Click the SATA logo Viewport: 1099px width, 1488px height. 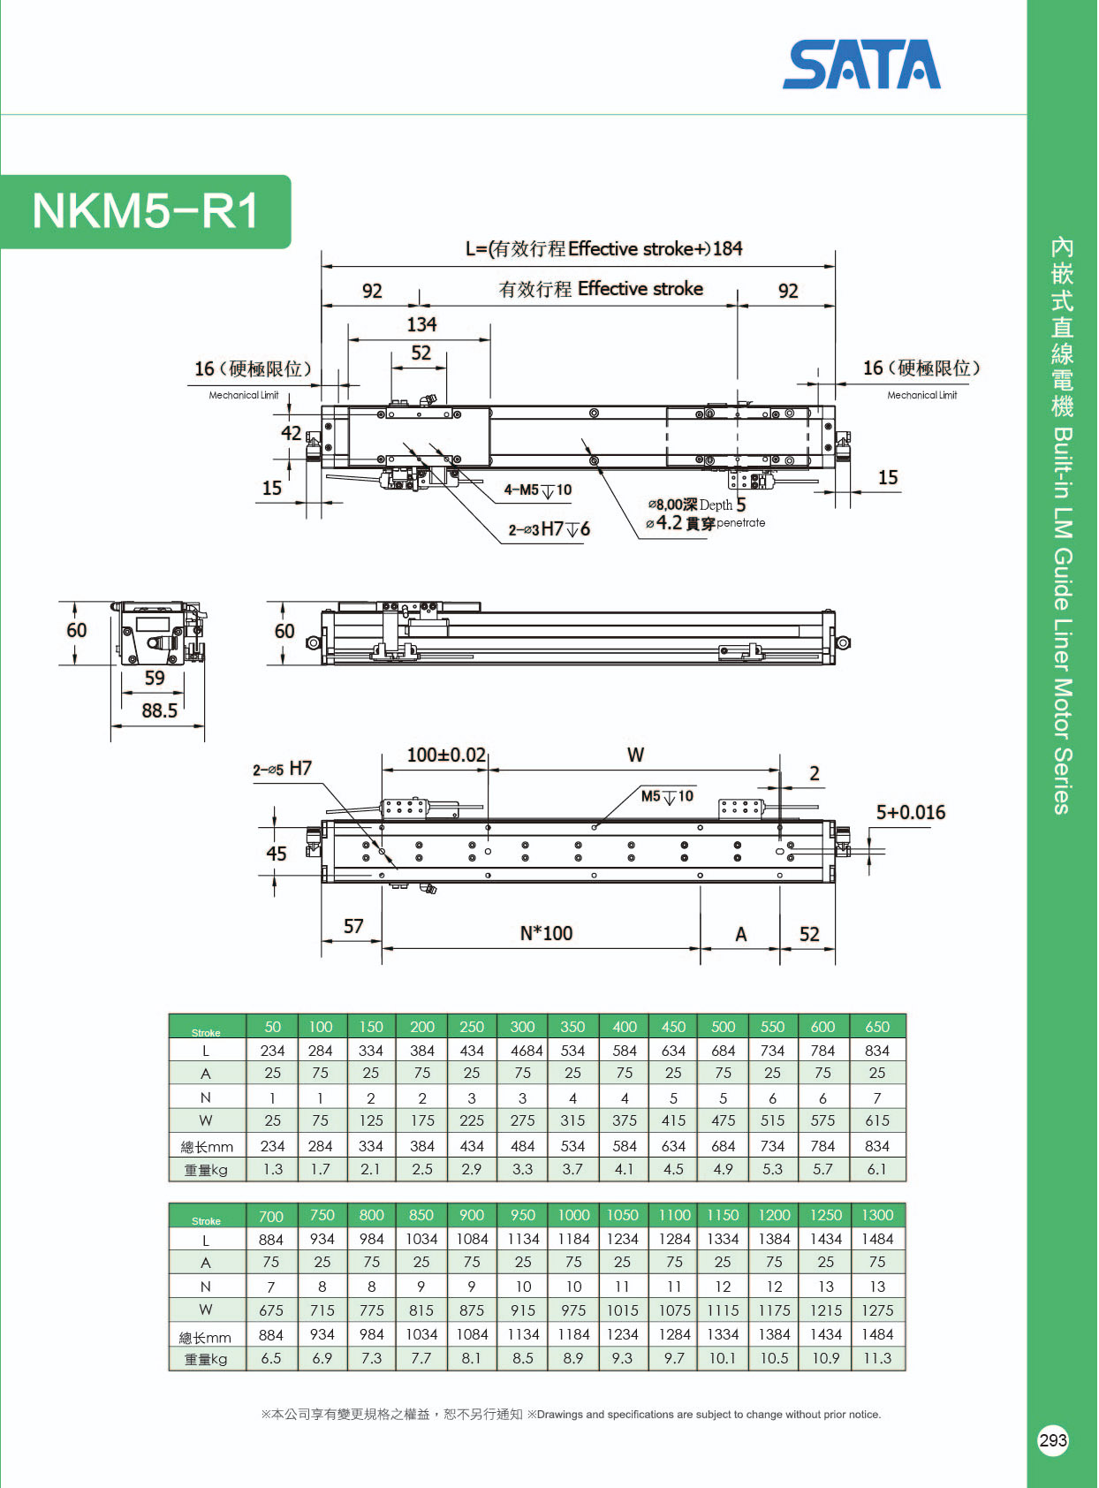[861, 65]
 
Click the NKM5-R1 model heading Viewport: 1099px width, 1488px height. [146, 211]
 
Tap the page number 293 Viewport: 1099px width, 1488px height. [1053, 1440]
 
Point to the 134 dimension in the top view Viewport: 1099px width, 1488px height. [421, 325]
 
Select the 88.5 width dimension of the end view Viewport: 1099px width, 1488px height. [160, 710]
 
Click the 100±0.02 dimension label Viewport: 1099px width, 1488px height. [446, 755]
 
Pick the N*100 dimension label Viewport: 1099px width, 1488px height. [546, 933]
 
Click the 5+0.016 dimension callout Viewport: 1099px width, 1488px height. [910, 812]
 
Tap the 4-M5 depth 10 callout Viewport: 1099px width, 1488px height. [537, 490]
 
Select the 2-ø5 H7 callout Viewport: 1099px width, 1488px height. [282, 769]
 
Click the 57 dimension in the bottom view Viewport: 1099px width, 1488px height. [353, 926]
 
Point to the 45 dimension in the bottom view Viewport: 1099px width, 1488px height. [277, 854]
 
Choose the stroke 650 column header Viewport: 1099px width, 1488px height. [877, 1027]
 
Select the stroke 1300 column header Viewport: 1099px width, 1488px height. [877, 1216]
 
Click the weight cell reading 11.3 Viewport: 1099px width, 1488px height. [877, 1358]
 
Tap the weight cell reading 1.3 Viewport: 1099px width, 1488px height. [273, 1169]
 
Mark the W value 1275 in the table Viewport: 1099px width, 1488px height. [877, 1310]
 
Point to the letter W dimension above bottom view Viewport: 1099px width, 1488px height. [635, 755]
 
